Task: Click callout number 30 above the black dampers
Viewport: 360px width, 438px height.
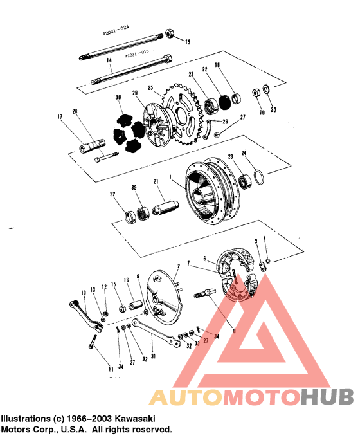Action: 118,98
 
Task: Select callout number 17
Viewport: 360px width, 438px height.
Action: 60,116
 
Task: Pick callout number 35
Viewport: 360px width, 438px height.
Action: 134,188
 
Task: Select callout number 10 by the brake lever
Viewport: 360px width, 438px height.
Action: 84,293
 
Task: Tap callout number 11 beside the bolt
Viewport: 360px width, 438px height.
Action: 111,369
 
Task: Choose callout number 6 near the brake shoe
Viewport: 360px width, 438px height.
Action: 205,259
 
